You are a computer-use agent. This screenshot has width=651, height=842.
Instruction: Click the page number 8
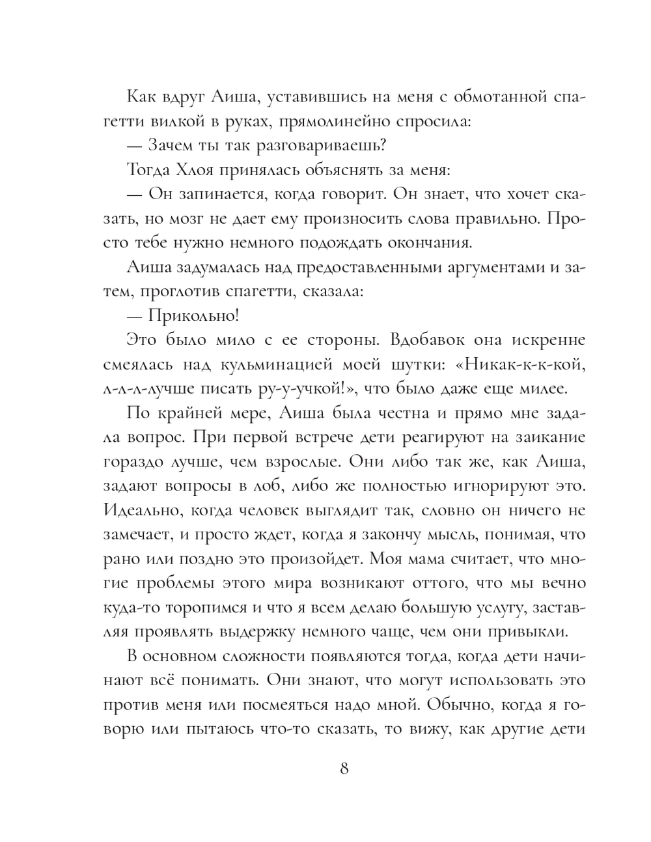(x=344, y=768)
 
